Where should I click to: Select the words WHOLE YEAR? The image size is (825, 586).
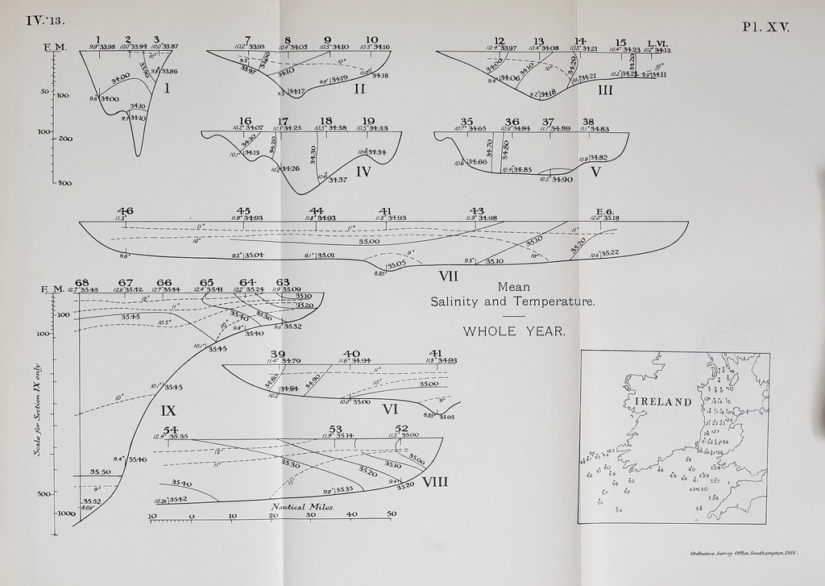tap(514, 331)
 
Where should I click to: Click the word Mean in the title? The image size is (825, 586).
tap(513, 287)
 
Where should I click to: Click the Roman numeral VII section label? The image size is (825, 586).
tap(448, 276)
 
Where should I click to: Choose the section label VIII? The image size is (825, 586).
tap(434, 481)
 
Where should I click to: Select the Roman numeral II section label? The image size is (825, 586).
tap(360, 89)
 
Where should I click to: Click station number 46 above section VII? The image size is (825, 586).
tap(125, 210)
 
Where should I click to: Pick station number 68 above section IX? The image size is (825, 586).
tap(81, 281)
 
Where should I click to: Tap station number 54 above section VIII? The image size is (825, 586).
tap(170, 430)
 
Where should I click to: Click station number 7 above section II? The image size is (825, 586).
tap(247, 39)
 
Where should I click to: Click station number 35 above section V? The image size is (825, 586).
tap(466, 121)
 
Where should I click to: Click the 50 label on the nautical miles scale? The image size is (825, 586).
tap(392, 514)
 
